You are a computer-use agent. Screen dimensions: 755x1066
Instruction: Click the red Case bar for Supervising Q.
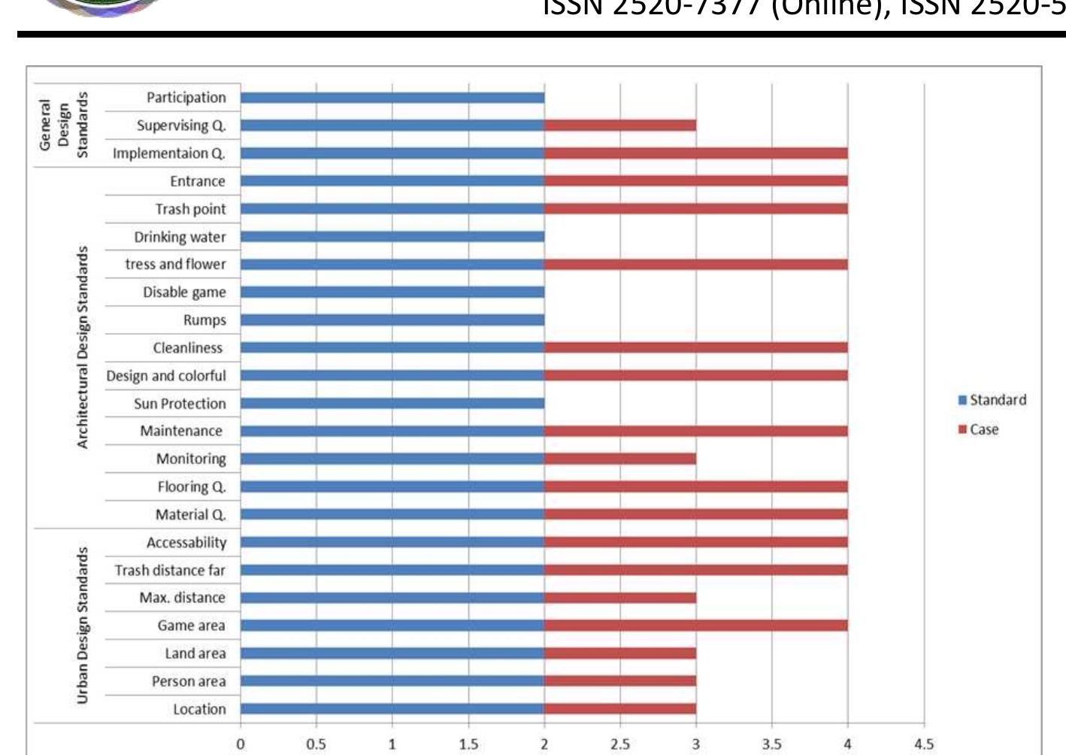[x=620, y=126]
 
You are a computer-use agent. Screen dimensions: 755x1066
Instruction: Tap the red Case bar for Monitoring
[x=620, y=459]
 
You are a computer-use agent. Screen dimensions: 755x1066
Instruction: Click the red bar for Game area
[x=696, y=626]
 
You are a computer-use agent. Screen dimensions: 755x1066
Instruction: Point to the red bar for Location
[x=620, y=709]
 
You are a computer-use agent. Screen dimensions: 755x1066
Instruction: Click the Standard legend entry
[x=992, y=400]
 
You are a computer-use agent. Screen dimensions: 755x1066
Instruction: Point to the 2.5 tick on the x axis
[x=620, y=744]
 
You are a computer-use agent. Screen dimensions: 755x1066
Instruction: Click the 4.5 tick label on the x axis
[x=924, y=744]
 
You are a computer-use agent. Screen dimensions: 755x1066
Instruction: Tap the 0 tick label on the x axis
[x=241, y=744]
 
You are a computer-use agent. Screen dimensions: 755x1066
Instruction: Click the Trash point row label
[x=190, y=209]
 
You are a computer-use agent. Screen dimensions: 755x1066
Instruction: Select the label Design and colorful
[x=166, y=376]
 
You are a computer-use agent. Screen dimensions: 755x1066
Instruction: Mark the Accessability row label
[x=186, y=543]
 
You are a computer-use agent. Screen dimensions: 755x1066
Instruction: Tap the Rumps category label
[x=204, y=320]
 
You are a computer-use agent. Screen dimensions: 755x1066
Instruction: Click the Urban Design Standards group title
[x=83, y=626]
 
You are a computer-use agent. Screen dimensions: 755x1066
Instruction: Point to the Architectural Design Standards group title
[x=83, y=347]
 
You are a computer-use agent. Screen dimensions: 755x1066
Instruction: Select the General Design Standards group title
[x=64, y=125]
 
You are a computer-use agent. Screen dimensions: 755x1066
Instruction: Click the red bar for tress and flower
[x=696, y=265]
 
